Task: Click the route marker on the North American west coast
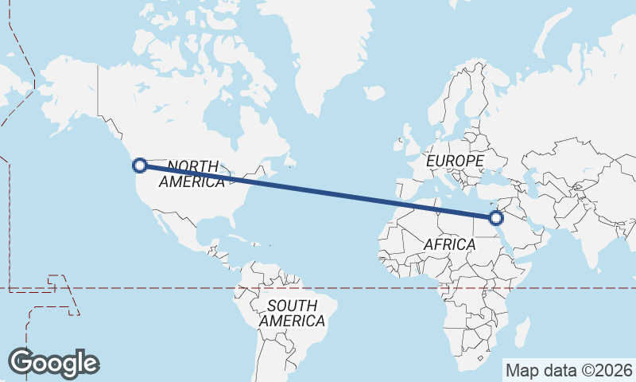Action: click(x=140, y=166)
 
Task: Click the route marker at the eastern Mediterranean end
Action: click(x=496, y=217)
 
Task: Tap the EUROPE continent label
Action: click(x=455, y=161)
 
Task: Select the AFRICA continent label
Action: click(x=449, y=244)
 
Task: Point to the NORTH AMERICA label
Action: click(x=192, y=173)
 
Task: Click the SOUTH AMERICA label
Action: click(x=292, y=314)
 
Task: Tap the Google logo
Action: click(x=53, y=362)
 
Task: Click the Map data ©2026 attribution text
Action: click(x=569, y=370)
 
